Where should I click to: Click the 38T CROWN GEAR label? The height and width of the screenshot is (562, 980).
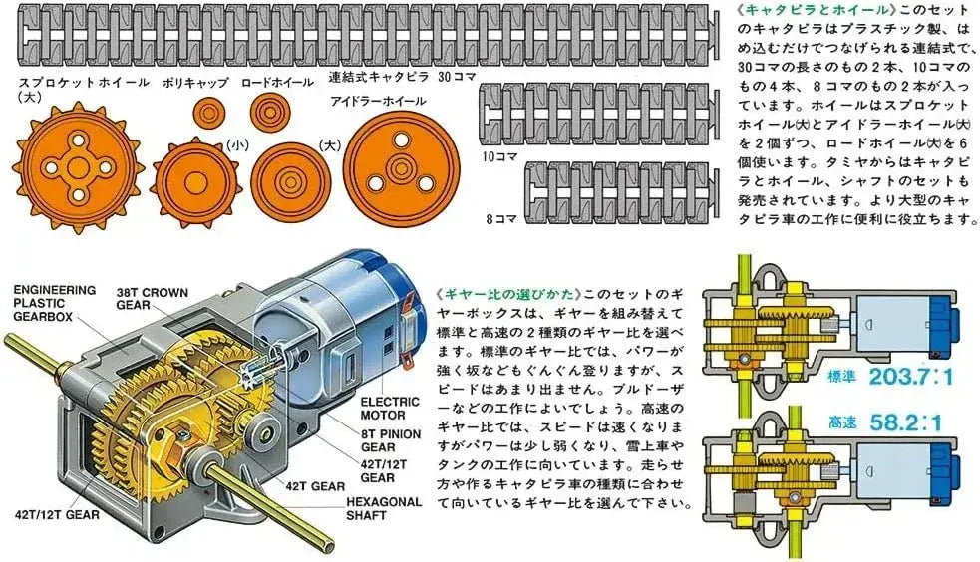coord(152,299)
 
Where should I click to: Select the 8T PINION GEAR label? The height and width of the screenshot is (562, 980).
coord(391,440)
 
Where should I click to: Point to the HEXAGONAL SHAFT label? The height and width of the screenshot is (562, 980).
coord(384,508)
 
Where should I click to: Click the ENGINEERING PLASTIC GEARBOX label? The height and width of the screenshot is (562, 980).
coord(55,303)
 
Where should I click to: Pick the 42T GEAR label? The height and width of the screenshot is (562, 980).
coord(315,486)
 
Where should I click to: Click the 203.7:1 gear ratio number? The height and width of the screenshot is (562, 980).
coord(910,377)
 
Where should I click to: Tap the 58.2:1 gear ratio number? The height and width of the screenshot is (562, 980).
coord(905,422)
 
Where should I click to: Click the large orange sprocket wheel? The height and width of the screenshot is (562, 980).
coord(78,168)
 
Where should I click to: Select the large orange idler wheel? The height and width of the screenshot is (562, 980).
coord(401,169)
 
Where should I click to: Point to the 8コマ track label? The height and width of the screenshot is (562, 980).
coord(500,219)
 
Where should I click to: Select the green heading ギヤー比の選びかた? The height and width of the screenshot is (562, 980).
coord(508,293)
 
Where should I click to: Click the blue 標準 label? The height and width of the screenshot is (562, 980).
coord(841,377)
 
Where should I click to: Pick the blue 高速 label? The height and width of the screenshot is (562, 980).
coord(842,422)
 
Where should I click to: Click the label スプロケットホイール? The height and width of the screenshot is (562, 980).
coord(84,82)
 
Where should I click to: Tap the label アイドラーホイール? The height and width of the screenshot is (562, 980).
coord(378,101)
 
